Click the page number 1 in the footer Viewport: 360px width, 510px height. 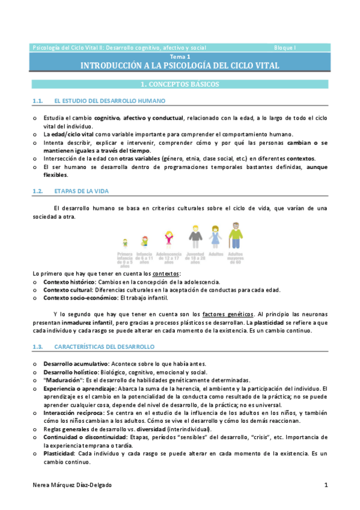tap(326, 485)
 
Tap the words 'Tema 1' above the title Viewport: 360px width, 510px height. tap(180, 56)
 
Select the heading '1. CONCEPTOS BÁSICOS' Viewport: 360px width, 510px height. tap(180, 84)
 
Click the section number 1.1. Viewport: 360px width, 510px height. tap(38, 101)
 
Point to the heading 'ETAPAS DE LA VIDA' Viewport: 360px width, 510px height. tap(81, 191)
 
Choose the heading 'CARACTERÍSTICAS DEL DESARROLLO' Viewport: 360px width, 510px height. tap(104, 346)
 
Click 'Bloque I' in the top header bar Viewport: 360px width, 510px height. tap(285, 47)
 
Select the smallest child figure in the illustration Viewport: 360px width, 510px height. tap(126, 243)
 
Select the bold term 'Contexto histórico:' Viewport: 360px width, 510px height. tap(69, 281)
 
